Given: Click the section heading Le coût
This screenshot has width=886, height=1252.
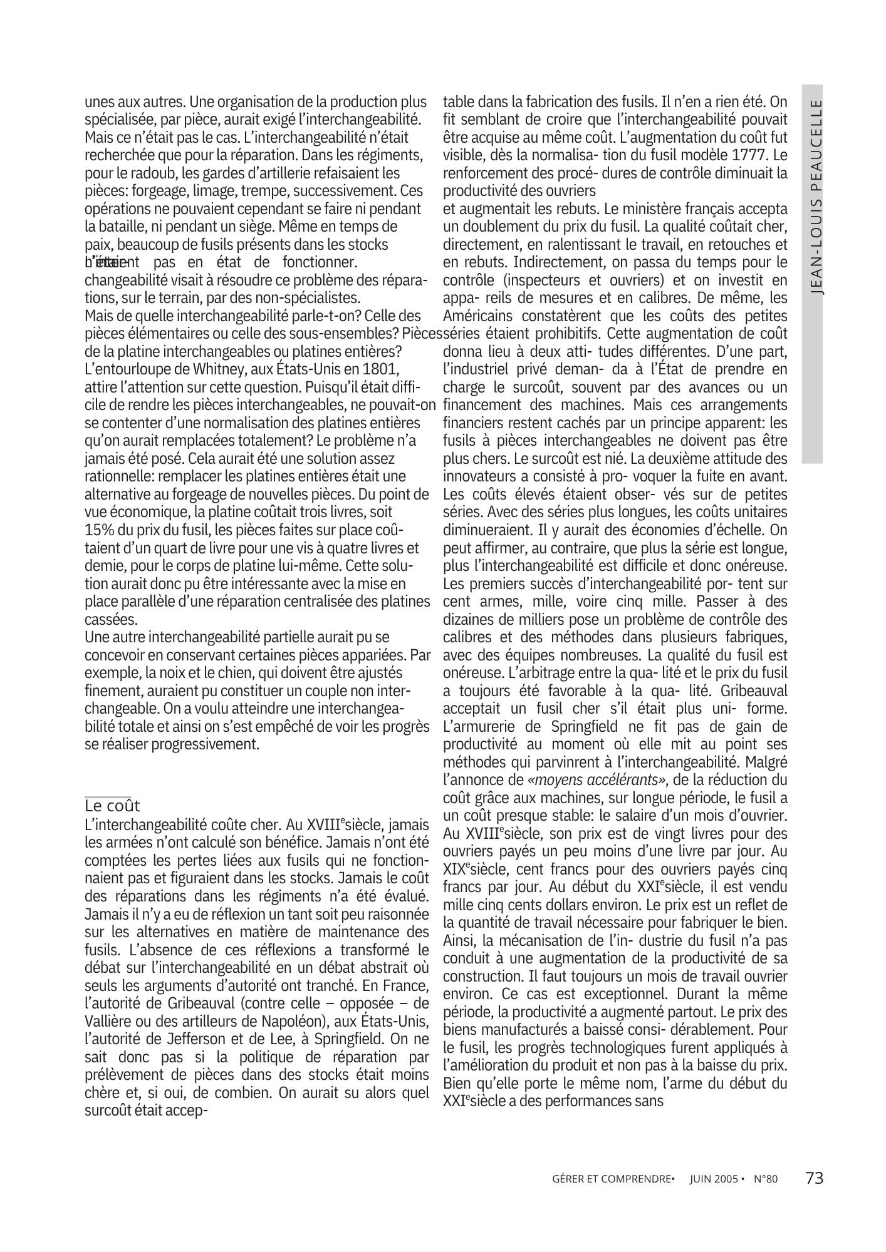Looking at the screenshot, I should coord(112,805).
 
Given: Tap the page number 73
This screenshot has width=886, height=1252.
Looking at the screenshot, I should coord(814,1178).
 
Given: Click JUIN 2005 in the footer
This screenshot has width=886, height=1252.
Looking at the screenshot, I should coord(712,1179).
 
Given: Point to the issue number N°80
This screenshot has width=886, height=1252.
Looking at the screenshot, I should coord(765,1179).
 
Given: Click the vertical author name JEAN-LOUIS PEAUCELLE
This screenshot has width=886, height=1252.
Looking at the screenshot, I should coord(813,197).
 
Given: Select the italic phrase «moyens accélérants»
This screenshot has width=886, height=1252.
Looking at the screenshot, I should coord(598,780).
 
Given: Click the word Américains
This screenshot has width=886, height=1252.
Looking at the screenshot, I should coord(477,315).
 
